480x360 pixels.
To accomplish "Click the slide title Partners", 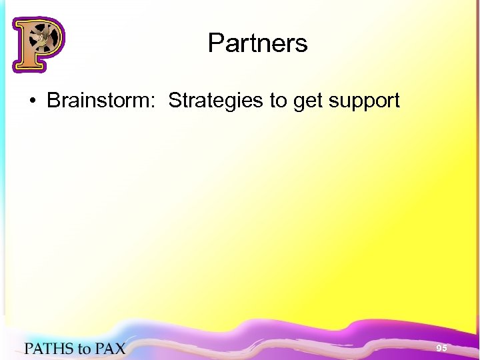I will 257,43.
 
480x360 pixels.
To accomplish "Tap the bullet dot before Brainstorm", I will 31,101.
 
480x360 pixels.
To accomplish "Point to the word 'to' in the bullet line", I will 278,101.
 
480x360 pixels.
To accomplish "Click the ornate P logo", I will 37,44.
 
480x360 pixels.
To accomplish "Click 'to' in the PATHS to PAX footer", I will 84,349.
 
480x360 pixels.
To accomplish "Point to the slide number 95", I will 441,349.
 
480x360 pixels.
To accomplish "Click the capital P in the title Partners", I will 216,43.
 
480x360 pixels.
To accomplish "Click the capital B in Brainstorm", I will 53,101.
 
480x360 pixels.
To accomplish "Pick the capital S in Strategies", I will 175,101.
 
